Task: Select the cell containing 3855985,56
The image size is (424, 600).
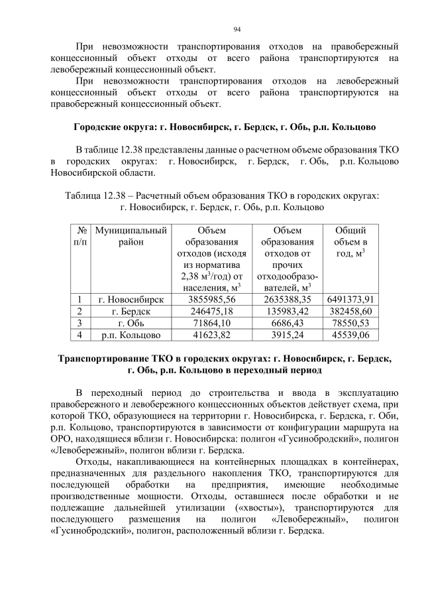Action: click(x=203, y=300)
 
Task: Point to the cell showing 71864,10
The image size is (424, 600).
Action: click(x=203, y=323)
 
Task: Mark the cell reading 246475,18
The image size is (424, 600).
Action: click(x=203, y=311)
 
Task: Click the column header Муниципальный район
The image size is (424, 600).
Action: click(x=131, y=237)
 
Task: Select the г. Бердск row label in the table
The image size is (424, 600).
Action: click(x=131, y=311)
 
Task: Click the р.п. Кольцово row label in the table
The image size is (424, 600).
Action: click(x=131, y=335)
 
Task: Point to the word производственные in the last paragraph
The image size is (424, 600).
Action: click(x=91, y=496)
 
